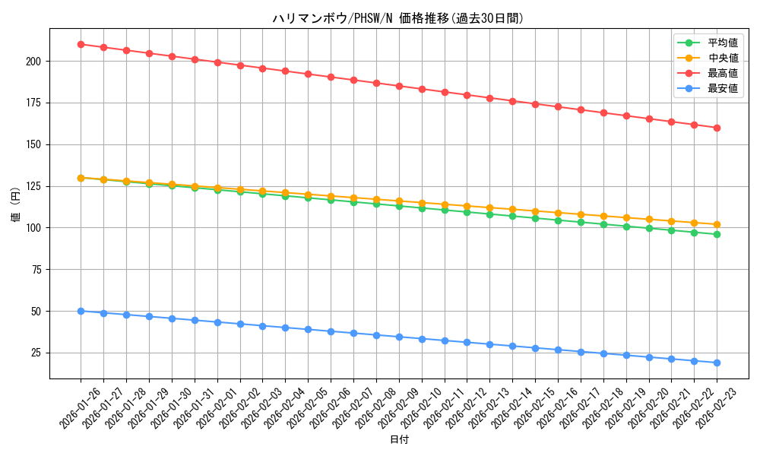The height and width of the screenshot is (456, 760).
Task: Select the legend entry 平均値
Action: tap(723, 43)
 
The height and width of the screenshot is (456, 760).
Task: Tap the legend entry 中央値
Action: tap(723, 58)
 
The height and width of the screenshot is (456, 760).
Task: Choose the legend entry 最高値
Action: tap(723, 73)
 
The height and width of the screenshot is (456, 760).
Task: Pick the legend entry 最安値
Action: tap(723, 88)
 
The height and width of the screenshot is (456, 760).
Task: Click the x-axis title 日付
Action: tap(399, 440)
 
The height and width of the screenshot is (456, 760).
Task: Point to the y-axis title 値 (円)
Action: tap(16, 205)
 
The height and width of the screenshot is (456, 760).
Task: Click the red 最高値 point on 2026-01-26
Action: tap(81, 44)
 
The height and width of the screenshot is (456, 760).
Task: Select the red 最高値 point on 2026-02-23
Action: tap(717, 128)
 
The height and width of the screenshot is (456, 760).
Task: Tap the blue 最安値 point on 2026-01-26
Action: tap(81, 311)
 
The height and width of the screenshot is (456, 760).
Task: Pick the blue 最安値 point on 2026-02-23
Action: tap(717, 363)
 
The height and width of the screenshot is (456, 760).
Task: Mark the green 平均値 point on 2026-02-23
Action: tap(717, 234)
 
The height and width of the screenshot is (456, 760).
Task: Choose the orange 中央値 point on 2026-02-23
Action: tap(717, 224)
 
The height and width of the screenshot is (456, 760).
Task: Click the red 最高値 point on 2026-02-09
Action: tap(399, 86)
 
